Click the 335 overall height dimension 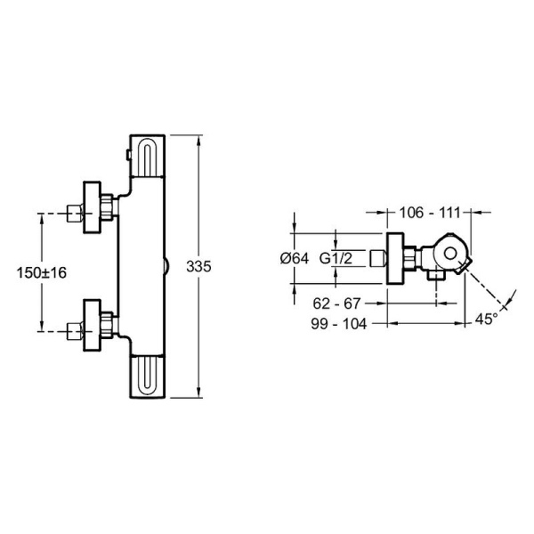[x=198, y=267]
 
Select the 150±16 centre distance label [x=42, y=273]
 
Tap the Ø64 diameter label [x=295, y=259]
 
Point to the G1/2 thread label [x=336, y=259]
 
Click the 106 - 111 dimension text [x=430, y=213]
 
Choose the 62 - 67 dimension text [x=336, y=303]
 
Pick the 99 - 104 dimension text [x=339, y=324]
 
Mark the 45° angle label [x=486, y=320]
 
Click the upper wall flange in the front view [x=93, y=207]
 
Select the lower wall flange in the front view [x=93, y=325]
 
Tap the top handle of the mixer [x=148, y=156]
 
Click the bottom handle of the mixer [x=148, y=376]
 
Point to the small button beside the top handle [x=128, y=155]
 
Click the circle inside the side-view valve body [x=450, y=254]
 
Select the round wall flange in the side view [x=395, y=258]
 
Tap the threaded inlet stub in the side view [x=377, y=258]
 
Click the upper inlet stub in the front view [x=75, y=214]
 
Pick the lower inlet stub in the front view [x=75, y=331]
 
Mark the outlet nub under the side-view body [x=436, y=275]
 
